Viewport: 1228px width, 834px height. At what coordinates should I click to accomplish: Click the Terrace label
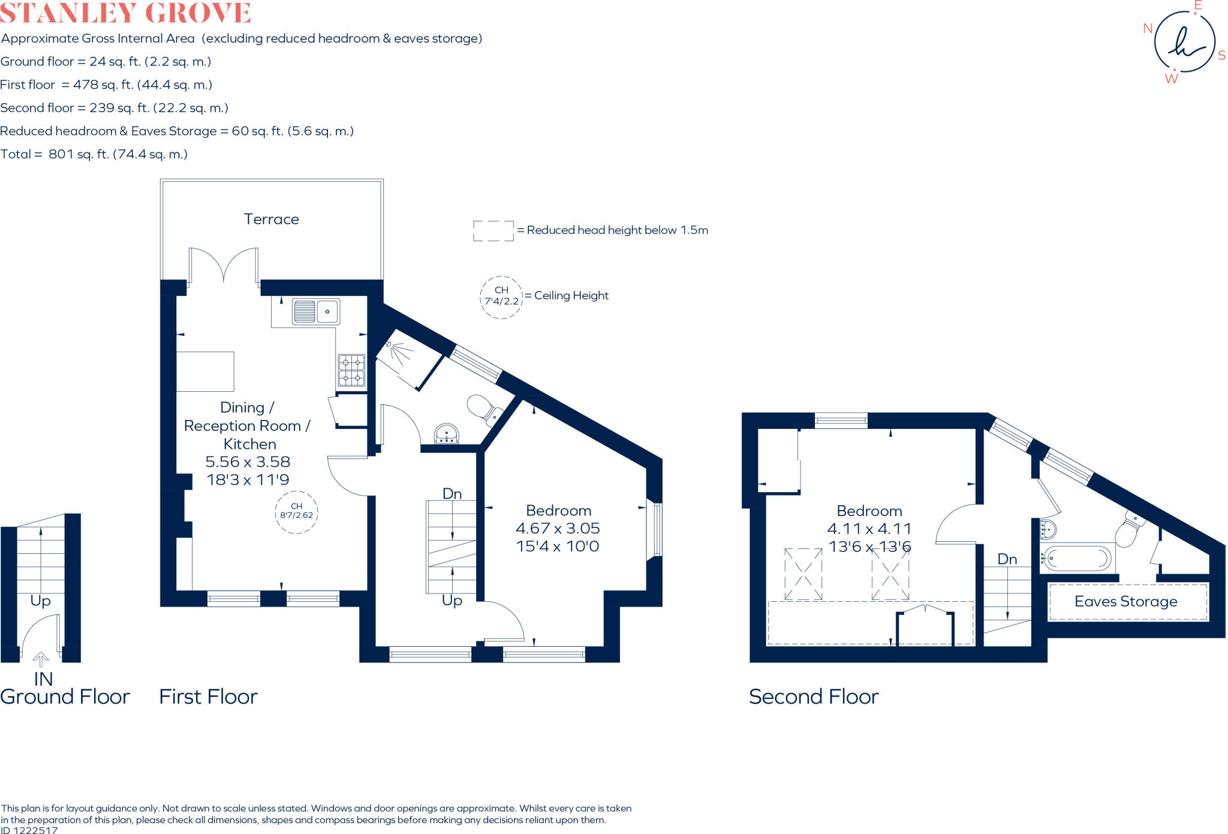click(x=271, y=219)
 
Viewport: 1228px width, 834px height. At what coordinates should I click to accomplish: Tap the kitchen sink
click(x=316, y=311)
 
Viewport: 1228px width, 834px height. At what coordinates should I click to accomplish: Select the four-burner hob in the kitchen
click(x=351, y=370)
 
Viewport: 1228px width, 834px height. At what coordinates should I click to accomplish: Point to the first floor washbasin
click(x=446, y=434)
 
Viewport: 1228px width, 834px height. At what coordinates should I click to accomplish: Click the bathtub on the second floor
click(x=1076, y=559)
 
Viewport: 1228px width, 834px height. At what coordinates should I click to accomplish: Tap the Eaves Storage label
click(x=1125, y=601)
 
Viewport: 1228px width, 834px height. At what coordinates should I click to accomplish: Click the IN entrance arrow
click(x=41, y=660)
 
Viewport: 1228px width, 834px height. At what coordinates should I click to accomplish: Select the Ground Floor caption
click(x=65, y=697)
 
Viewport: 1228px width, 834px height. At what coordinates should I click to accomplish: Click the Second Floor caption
click(x=814, y=697)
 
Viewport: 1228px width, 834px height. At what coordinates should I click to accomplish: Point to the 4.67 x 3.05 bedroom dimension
click(x=558, y=529)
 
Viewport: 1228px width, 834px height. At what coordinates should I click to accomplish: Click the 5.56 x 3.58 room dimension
click(x=248, y=462)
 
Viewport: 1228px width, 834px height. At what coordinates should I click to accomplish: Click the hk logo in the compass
click(x=1184, y=43)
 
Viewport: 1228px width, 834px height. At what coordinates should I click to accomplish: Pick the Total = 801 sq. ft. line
click(x=94, y=154)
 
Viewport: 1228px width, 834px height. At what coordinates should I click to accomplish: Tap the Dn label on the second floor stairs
click(x=1007, y=559)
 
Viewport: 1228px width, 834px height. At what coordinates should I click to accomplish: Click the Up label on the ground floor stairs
click(x=40, y=601)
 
